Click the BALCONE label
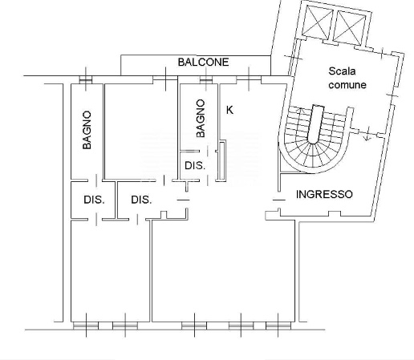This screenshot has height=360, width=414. [203, 62]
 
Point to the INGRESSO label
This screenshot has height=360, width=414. [324, 194]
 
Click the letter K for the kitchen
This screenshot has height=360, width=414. [230, 109]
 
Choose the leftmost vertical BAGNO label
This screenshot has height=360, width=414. [87, 130]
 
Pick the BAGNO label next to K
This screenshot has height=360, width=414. [200, 118]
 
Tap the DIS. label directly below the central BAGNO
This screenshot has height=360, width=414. [194, 166]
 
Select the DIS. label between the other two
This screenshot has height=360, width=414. [142, 200]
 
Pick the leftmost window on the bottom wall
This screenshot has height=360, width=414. [83, 326]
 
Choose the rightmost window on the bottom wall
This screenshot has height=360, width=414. [275, 326]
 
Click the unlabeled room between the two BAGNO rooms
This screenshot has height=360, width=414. [141, 128]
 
